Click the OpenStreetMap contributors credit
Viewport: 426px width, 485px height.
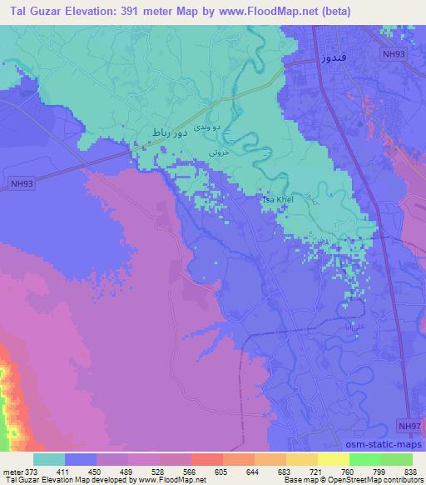372,481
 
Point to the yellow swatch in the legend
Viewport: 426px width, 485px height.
333,459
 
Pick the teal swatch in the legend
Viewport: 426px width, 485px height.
49,459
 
